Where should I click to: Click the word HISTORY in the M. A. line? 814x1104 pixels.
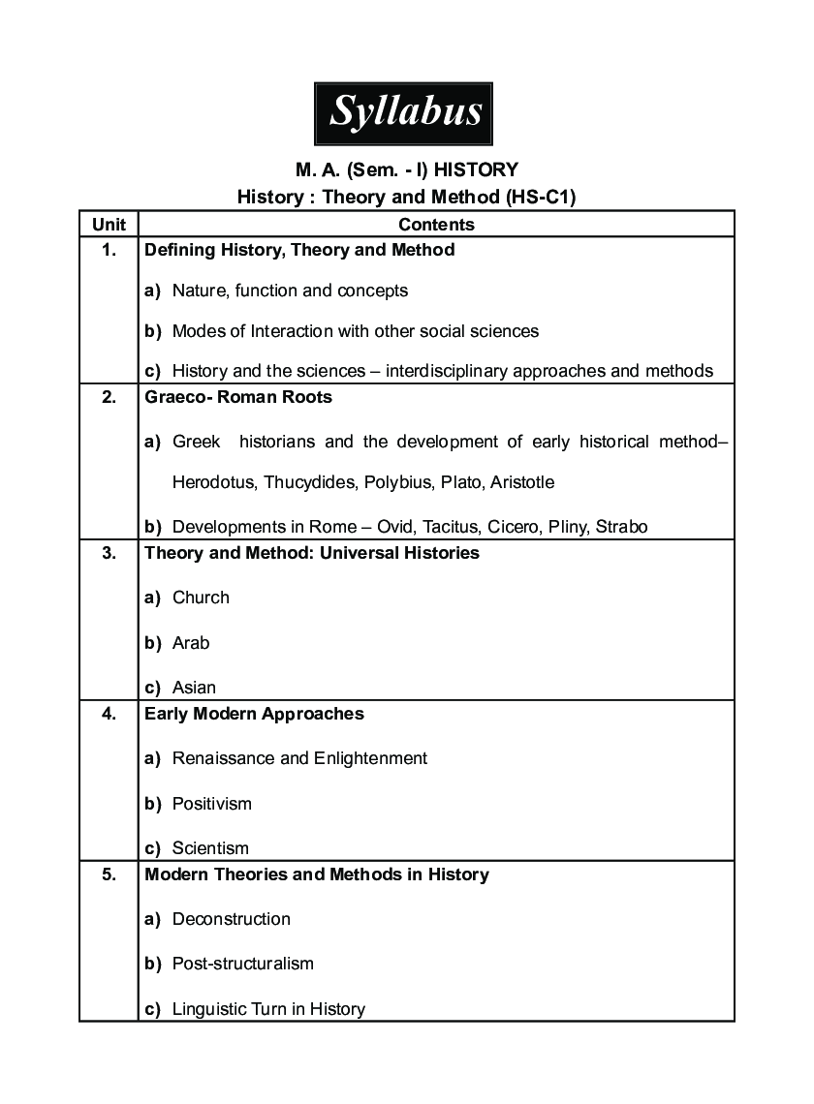(476, 170)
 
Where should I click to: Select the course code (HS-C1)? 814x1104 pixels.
(542, 197)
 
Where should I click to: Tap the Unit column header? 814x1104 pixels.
(109, 225)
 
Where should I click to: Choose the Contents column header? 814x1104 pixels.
(436, 225)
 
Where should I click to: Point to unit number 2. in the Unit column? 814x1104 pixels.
(109, 397)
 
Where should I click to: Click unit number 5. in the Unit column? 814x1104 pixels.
(109, 874)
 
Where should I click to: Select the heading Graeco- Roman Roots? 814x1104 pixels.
(238, 397)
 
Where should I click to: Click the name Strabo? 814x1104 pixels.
(622, 527)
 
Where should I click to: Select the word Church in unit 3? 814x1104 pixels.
(201, 598)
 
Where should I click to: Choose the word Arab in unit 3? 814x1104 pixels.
(191, 643)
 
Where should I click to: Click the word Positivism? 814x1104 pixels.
(211, 804)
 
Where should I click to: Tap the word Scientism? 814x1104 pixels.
(210, 848)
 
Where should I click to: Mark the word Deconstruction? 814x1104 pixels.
(231, 919)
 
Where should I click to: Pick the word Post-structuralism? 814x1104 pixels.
(242, 964)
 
